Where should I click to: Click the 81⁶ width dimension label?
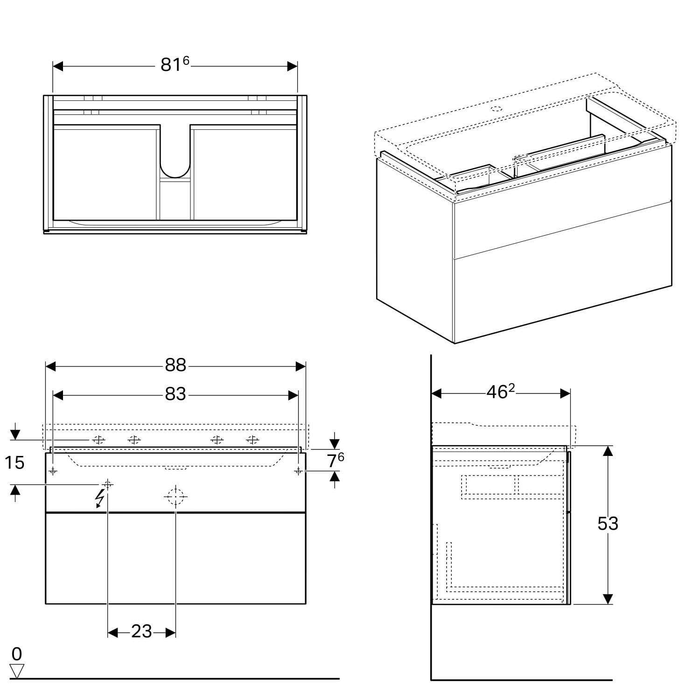pos(175,64)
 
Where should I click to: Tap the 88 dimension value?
pos(175,365)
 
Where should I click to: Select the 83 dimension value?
pos(175,394)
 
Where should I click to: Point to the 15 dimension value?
pos(14,462)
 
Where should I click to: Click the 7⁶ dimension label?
pos(336,460)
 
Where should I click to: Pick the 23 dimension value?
pos(141,631)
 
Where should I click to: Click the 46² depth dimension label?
pos(501,392)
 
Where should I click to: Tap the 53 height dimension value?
pos(608,524)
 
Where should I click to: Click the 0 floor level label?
pos(17,654)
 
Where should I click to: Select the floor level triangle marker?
pos(17,671)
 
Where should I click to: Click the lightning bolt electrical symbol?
pos(99,498)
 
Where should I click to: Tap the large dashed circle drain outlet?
pos(175,497)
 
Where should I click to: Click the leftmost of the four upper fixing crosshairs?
pos(98,440)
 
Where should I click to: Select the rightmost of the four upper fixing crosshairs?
pos(252,440)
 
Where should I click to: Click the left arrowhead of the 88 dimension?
pos(50,366)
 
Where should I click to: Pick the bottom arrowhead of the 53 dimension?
pos(608,599)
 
